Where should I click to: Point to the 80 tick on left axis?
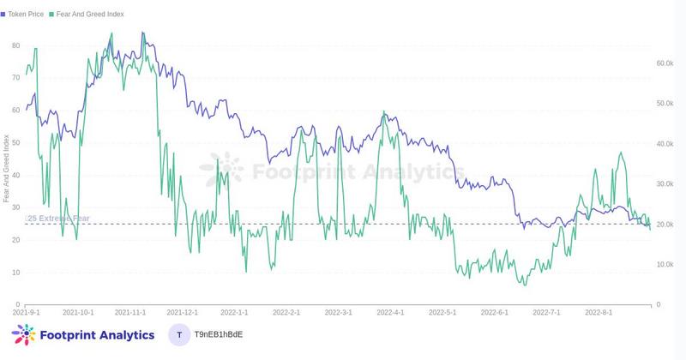(15, 45)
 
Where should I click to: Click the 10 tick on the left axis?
(15, 273)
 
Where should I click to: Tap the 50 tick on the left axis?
(15, 142)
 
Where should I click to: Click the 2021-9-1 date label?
(27, 314)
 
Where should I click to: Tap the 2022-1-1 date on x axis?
(234, 314)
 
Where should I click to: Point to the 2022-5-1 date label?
(442, 314)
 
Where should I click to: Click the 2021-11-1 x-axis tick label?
(130, 314)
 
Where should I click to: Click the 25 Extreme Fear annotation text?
(57, 219)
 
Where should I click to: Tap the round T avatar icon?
(178, 335)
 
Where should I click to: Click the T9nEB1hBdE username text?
(219, 335)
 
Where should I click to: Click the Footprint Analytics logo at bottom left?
(83, 335)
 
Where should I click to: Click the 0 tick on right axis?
(658, 304)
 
